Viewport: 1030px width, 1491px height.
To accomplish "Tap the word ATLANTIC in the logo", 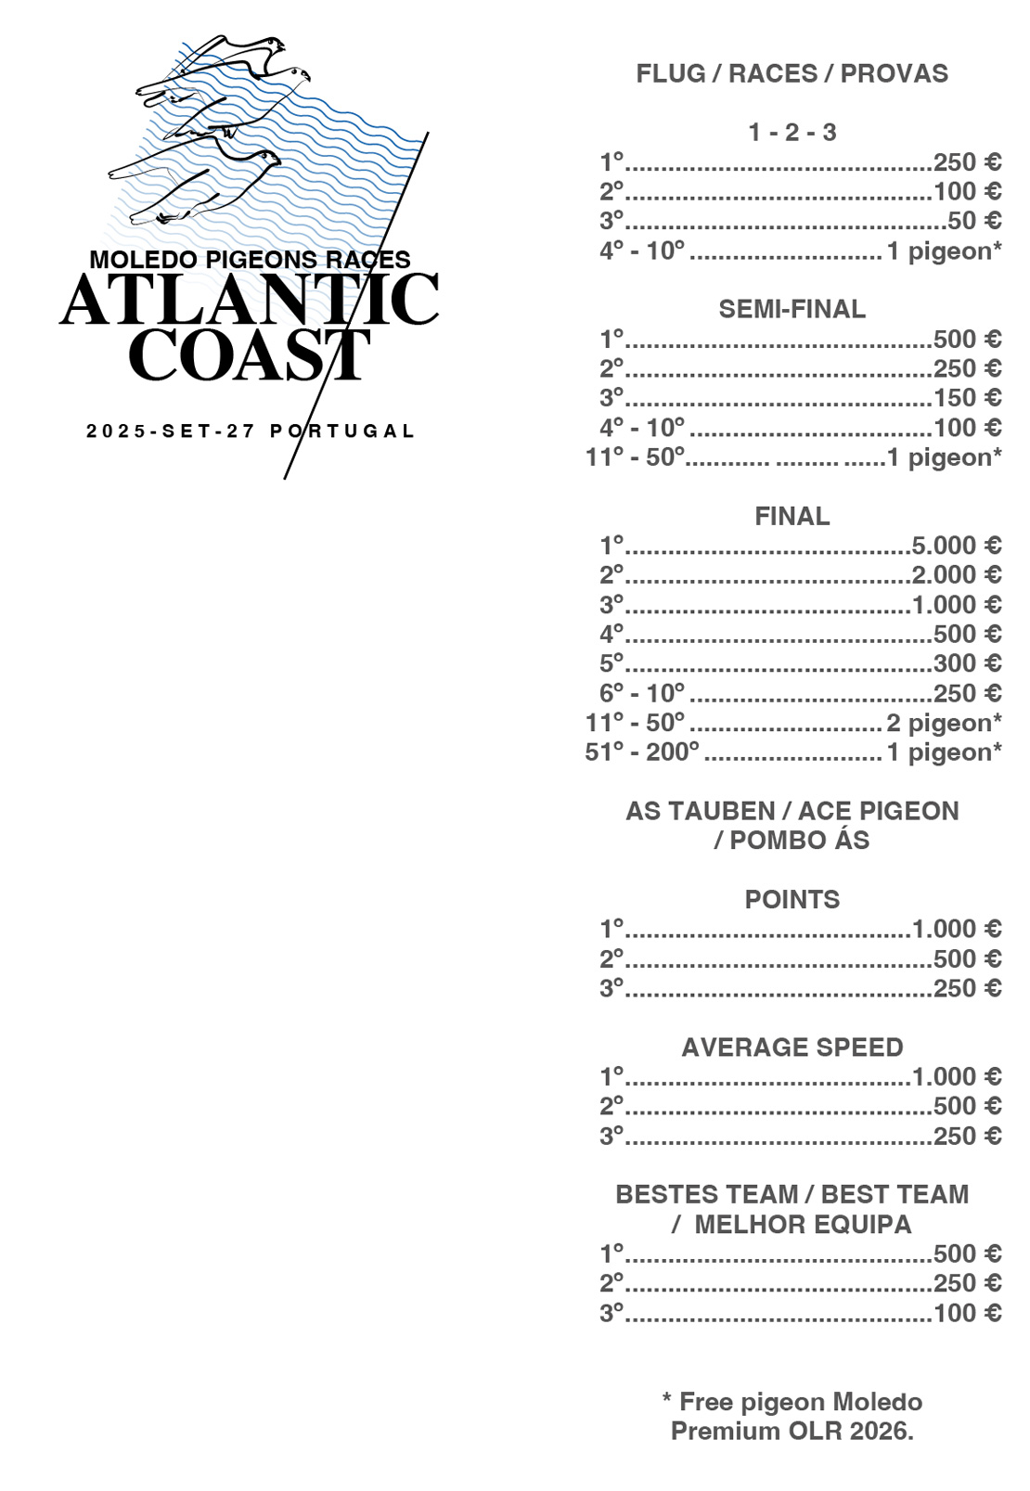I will (x=249, y=301).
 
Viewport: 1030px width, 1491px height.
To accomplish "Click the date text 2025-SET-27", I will (x=171, y=431).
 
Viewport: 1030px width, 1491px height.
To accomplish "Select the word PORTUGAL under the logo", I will (x=341, y=431).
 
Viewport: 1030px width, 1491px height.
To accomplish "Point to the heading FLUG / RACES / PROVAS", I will (x=792, y=74).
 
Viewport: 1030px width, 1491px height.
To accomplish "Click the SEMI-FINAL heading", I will (x=792, y=309).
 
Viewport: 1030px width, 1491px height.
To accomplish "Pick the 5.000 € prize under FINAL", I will (x=956, y=546).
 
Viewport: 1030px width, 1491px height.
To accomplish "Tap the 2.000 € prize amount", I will (x=956, y=575).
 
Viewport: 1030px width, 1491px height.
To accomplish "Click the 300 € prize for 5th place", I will (x=967, y=663).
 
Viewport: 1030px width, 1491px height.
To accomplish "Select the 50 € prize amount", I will (x=973, y=221).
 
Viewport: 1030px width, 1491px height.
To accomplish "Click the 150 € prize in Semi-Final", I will (x=967, y=398).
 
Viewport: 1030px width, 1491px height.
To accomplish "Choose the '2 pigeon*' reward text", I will (x=944, y=723).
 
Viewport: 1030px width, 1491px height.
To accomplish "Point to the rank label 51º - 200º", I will (x=641, y=752).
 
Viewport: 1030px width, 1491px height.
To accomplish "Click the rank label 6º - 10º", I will (x=641, y=693).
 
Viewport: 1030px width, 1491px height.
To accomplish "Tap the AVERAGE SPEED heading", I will (x=792, y=1048).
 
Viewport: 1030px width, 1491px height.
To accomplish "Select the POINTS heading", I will (x=792, y=900).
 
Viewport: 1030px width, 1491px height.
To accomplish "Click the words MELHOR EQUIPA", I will (x=803, y=1225).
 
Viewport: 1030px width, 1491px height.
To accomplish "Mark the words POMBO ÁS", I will (x=799, y=841).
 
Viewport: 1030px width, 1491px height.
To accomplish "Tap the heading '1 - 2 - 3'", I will (x=792, y=133).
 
